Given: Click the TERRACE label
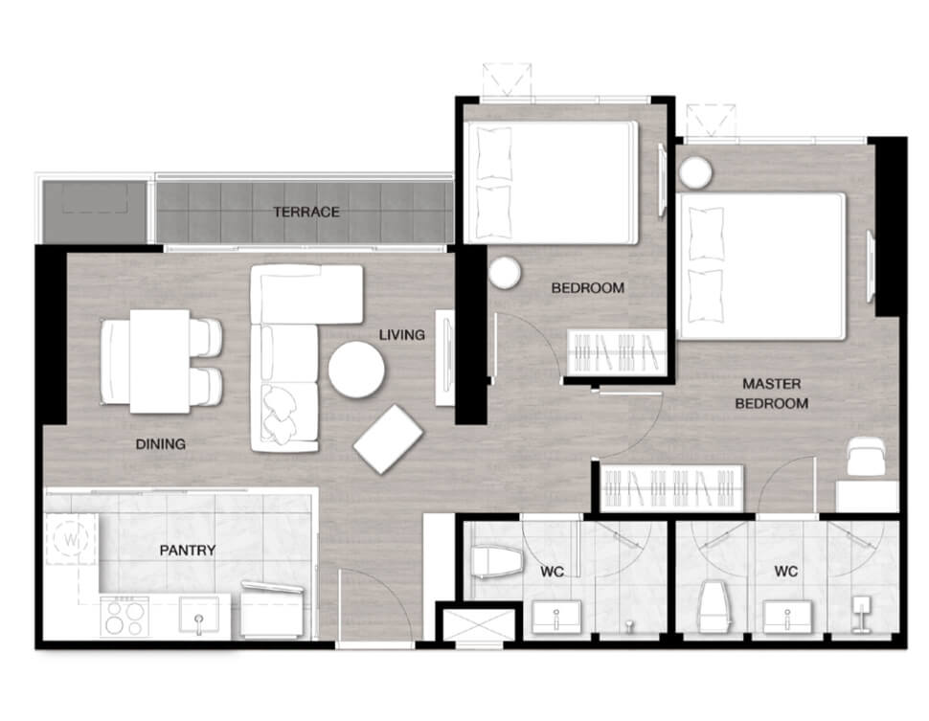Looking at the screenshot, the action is tap(306, 213).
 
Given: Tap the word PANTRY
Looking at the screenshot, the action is tap(187, 551).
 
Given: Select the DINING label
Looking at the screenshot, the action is tap(161, 443).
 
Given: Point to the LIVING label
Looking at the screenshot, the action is tap(401, 335).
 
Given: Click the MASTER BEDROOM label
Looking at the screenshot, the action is tap(771, 394).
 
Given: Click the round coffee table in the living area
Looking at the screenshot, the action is tap(356, 370).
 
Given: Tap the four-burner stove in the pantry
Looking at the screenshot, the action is tap(125, 616).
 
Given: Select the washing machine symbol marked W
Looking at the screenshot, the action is tap(71, 539).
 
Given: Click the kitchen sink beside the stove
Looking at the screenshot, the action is tap(199, 616).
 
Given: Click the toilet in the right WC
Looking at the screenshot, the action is tap(713, 607).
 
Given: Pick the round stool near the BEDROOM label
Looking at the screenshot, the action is tap(505, 273).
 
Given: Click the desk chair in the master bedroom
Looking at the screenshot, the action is tap(866, 456).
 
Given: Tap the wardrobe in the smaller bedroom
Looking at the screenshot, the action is tap(617, 352).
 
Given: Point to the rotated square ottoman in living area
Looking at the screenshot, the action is tap(388, 439).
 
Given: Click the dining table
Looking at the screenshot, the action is tap(160, 361).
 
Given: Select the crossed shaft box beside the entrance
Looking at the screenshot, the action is tap(479, 625).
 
